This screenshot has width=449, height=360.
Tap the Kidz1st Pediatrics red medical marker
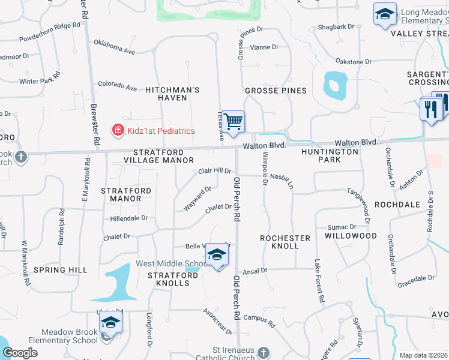118,130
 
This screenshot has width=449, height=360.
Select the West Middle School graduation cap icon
217,256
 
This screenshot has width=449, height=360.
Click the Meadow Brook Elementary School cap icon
110,322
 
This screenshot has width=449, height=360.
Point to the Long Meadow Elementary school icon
384,14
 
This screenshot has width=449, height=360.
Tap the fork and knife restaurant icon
431,109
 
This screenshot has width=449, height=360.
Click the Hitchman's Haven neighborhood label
172,94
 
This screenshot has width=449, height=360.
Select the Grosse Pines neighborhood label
276,91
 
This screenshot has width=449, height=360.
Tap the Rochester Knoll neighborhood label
285,242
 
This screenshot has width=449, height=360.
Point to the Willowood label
351,236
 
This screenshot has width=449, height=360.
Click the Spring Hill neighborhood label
61,270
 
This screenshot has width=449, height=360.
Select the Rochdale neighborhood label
397,205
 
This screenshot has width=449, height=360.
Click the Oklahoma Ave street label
114,47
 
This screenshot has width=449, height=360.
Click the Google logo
20,353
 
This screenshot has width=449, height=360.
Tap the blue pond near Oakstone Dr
334,85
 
